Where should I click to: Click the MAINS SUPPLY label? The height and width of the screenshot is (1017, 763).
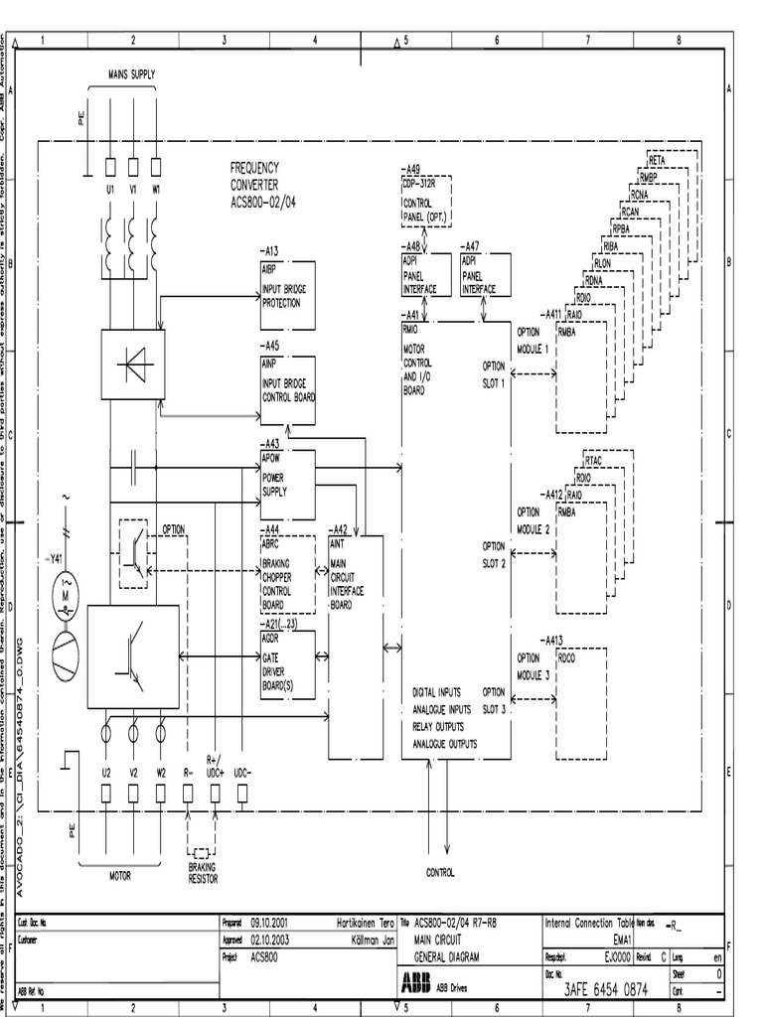point(132,74)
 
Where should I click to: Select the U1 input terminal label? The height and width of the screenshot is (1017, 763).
point(109,189)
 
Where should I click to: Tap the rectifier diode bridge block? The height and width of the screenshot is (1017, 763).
point(133,364)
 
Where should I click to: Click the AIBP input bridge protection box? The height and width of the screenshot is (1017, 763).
point(287,296)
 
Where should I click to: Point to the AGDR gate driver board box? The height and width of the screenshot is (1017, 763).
point(287,664)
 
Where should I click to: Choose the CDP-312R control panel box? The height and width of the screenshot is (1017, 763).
point(425,203)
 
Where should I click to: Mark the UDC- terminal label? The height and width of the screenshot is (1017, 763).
point(242,772)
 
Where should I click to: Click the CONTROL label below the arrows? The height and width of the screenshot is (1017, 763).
point(440,872)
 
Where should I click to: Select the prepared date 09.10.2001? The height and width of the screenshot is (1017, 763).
point(268,922)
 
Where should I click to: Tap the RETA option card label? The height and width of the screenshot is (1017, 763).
point(657,160)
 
